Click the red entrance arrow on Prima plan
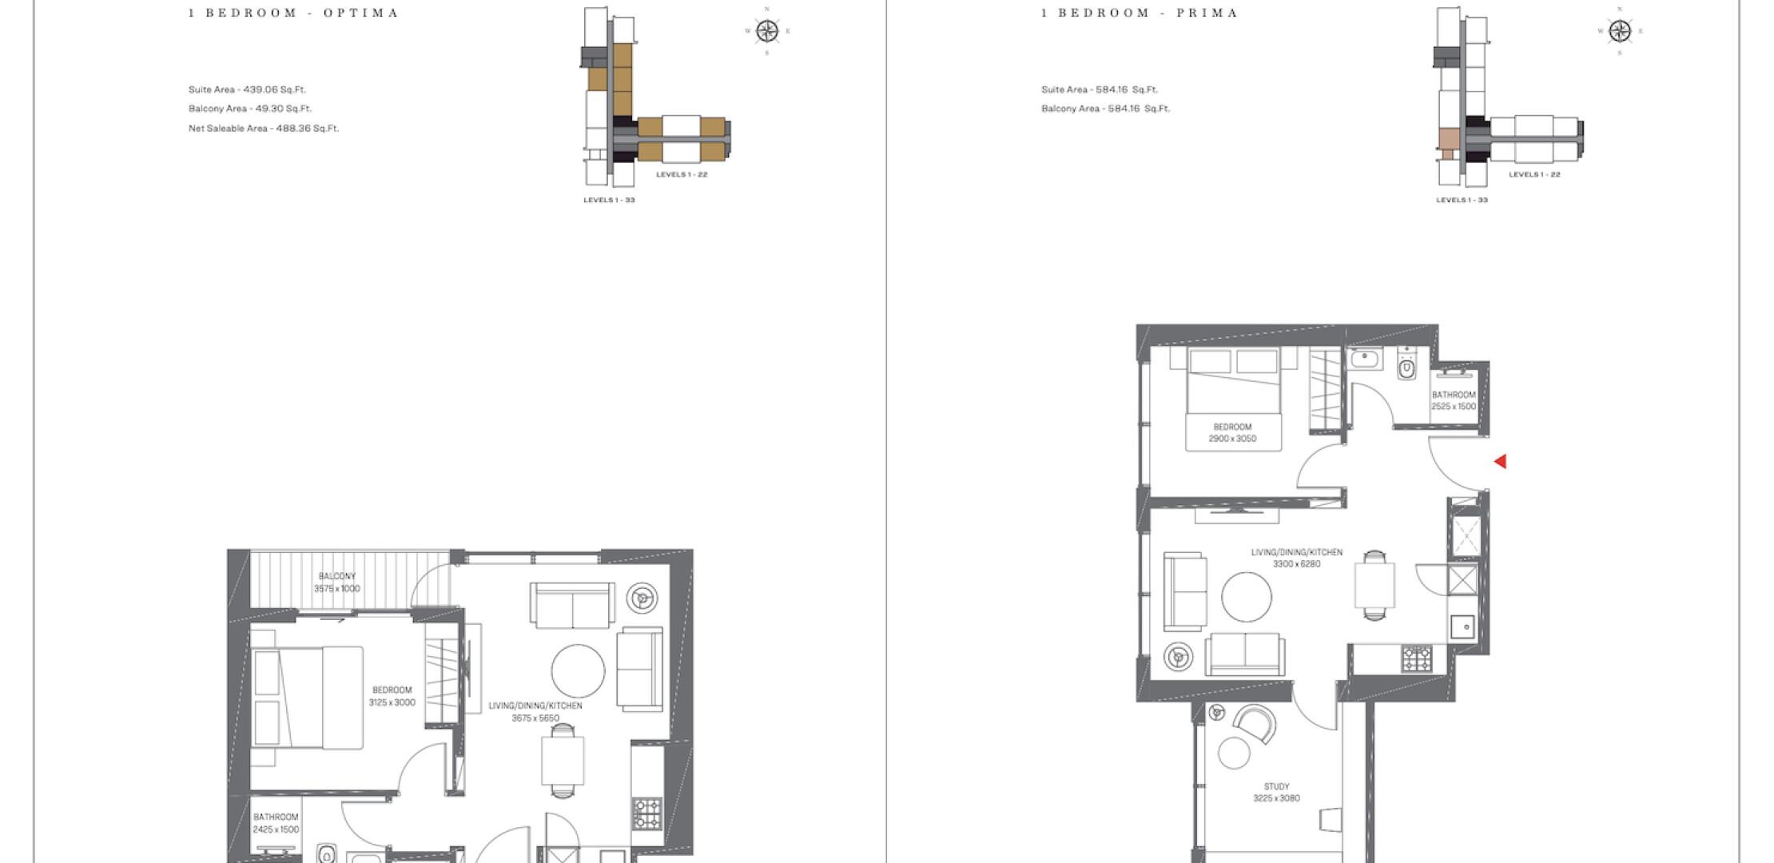[1501, 461]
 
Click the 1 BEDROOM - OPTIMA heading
[293, 13]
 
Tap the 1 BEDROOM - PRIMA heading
[1140, 13]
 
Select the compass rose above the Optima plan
[767, 31]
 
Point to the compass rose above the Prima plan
[1620, 31]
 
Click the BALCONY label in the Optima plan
[337, 576]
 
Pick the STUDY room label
[1276, 786]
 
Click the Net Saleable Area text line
[264, 128]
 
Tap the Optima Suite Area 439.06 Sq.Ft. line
[247, 89]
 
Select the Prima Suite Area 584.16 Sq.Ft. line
[1100, 89]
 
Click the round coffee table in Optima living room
[578, 671]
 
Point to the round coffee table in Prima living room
[1247, 597]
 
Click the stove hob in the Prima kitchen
[1417, 659]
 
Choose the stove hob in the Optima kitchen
[647, 813]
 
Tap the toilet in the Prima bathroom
[1406, 366]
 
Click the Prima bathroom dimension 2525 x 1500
[1454, 407]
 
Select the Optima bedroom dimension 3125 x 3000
[392, 702]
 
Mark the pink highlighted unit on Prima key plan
[1449, 139]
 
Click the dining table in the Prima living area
[1374, 585]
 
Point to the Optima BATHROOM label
[276, 817]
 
